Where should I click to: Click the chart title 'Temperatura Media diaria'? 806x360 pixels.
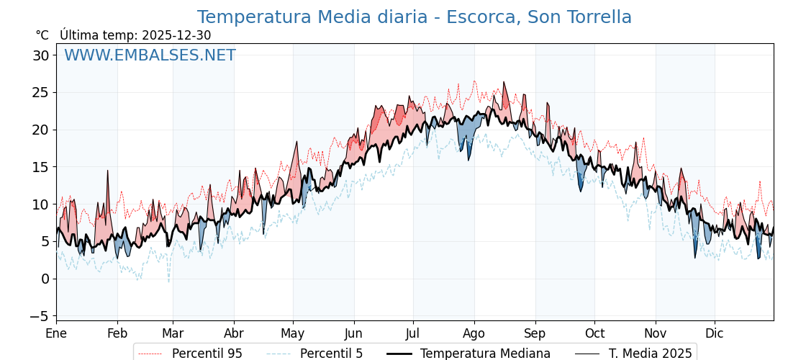click(x=414, y=17)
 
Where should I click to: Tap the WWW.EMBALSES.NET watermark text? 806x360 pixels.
click(x=150, y=55)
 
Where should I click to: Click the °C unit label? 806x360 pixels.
click(x=42, y=35)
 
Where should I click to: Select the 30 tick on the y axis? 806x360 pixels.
click(x=40, y=55)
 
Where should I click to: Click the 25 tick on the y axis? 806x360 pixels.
click(x=40, y=93)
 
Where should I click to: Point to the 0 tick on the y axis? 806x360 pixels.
click(x=45, y=279)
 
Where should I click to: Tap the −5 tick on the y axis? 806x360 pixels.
click(x=40, y=316)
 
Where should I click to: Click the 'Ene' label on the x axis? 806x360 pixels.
click(x=56, y=333)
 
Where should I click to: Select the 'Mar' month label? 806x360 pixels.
click(x=173, y=333)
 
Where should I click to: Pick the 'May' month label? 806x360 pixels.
click(x=293, y=333)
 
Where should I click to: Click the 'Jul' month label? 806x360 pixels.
click(x=413, y=333)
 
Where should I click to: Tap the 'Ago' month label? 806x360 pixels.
click(x=474, y=333)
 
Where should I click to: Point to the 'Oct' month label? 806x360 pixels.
click(x=594, y=333)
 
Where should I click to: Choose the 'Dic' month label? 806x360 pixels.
click(x=715, y=333)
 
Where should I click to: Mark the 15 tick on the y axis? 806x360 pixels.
click(x=40, y=167)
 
